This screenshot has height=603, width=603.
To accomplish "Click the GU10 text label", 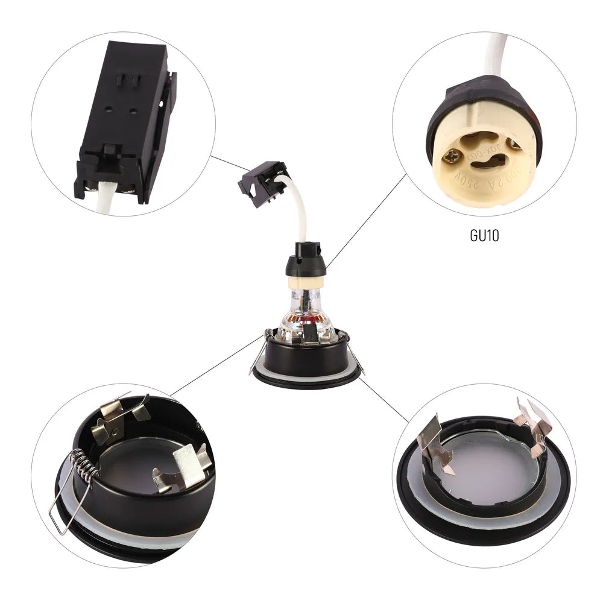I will [x=484, y=235].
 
